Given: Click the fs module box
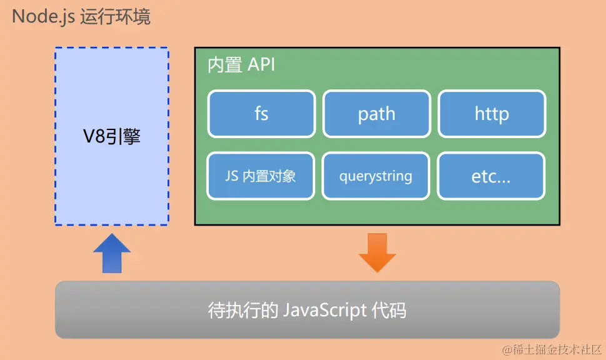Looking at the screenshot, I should pos(261,114).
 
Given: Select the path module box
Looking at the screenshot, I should pos(376,114).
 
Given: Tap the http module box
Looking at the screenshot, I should pos(492,114).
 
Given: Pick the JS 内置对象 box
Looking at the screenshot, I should pos(261,176).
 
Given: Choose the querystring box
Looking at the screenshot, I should pos(376,176).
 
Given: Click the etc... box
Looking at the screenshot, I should pos(492,176).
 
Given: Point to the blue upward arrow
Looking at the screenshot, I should pos(112,252).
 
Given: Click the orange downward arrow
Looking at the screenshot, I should pos(377,252).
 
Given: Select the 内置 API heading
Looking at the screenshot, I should pos(241,65).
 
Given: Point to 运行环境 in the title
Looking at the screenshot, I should pos(115,16).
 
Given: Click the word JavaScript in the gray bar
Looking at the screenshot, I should pos(325,310).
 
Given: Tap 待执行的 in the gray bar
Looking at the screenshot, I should pos(243,310).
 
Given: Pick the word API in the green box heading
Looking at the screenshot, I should pos(261,65).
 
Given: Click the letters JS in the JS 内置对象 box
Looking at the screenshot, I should pos(232,176).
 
